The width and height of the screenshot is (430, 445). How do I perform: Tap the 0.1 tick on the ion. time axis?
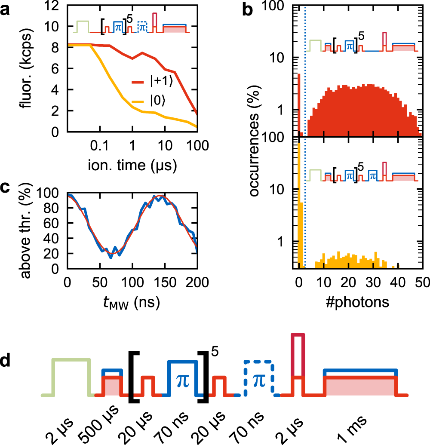[x=99, y=146]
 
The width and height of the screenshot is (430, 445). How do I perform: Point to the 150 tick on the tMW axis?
[x=165, y=283]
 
